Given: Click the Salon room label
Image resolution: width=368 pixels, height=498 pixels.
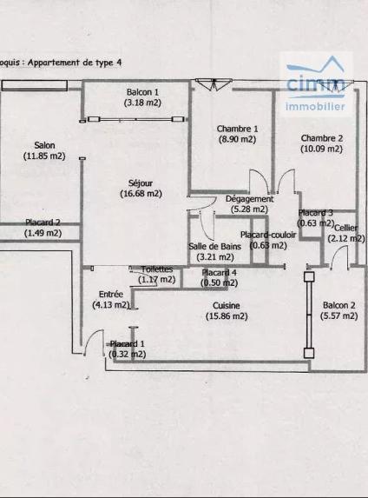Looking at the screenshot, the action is (x=44, y=145).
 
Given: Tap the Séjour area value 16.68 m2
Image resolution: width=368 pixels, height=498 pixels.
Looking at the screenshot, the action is (x=141, y=194).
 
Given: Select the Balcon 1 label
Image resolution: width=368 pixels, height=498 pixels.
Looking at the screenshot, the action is (x=142, y=92).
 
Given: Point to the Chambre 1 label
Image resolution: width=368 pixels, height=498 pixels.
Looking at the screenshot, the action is (x=237, y=129).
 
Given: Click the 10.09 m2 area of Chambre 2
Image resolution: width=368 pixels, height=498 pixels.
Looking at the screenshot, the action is (x=322, y=149).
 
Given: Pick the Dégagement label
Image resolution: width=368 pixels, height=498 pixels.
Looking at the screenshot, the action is (x=249, y=199).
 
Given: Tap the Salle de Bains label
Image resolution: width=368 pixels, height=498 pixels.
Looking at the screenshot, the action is (x=214, y=246).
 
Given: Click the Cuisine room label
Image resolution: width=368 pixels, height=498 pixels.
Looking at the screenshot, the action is (x=227, y=306).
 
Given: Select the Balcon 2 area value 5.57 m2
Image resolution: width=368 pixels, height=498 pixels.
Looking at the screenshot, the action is (x=338, y=315).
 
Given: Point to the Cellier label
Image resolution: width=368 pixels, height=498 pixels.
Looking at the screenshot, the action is (x=346, y=228).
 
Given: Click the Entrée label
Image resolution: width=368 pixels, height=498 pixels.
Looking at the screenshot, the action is (x=111, y=294).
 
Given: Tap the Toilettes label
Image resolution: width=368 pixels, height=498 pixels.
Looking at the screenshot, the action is (x=157, y=269).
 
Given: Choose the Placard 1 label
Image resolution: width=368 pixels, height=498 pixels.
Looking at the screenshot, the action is (x=128, y=343).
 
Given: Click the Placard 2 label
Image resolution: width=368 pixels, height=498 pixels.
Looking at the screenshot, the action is (x=43, y=222).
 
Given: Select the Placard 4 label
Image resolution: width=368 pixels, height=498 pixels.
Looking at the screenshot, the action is (x=220, y=273).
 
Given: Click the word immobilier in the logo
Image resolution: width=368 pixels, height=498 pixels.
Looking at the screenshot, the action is (x=315, y=106).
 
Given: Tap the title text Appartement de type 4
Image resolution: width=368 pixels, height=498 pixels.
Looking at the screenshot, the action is (x=75, y=63).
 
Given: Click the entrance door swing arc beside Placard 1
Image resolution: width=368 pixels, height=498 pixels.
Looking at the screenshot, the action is (x=92, y=335).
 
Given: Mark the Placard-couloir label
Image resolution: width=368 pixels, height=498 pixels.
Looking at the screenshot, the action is (x=268, y=235).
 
